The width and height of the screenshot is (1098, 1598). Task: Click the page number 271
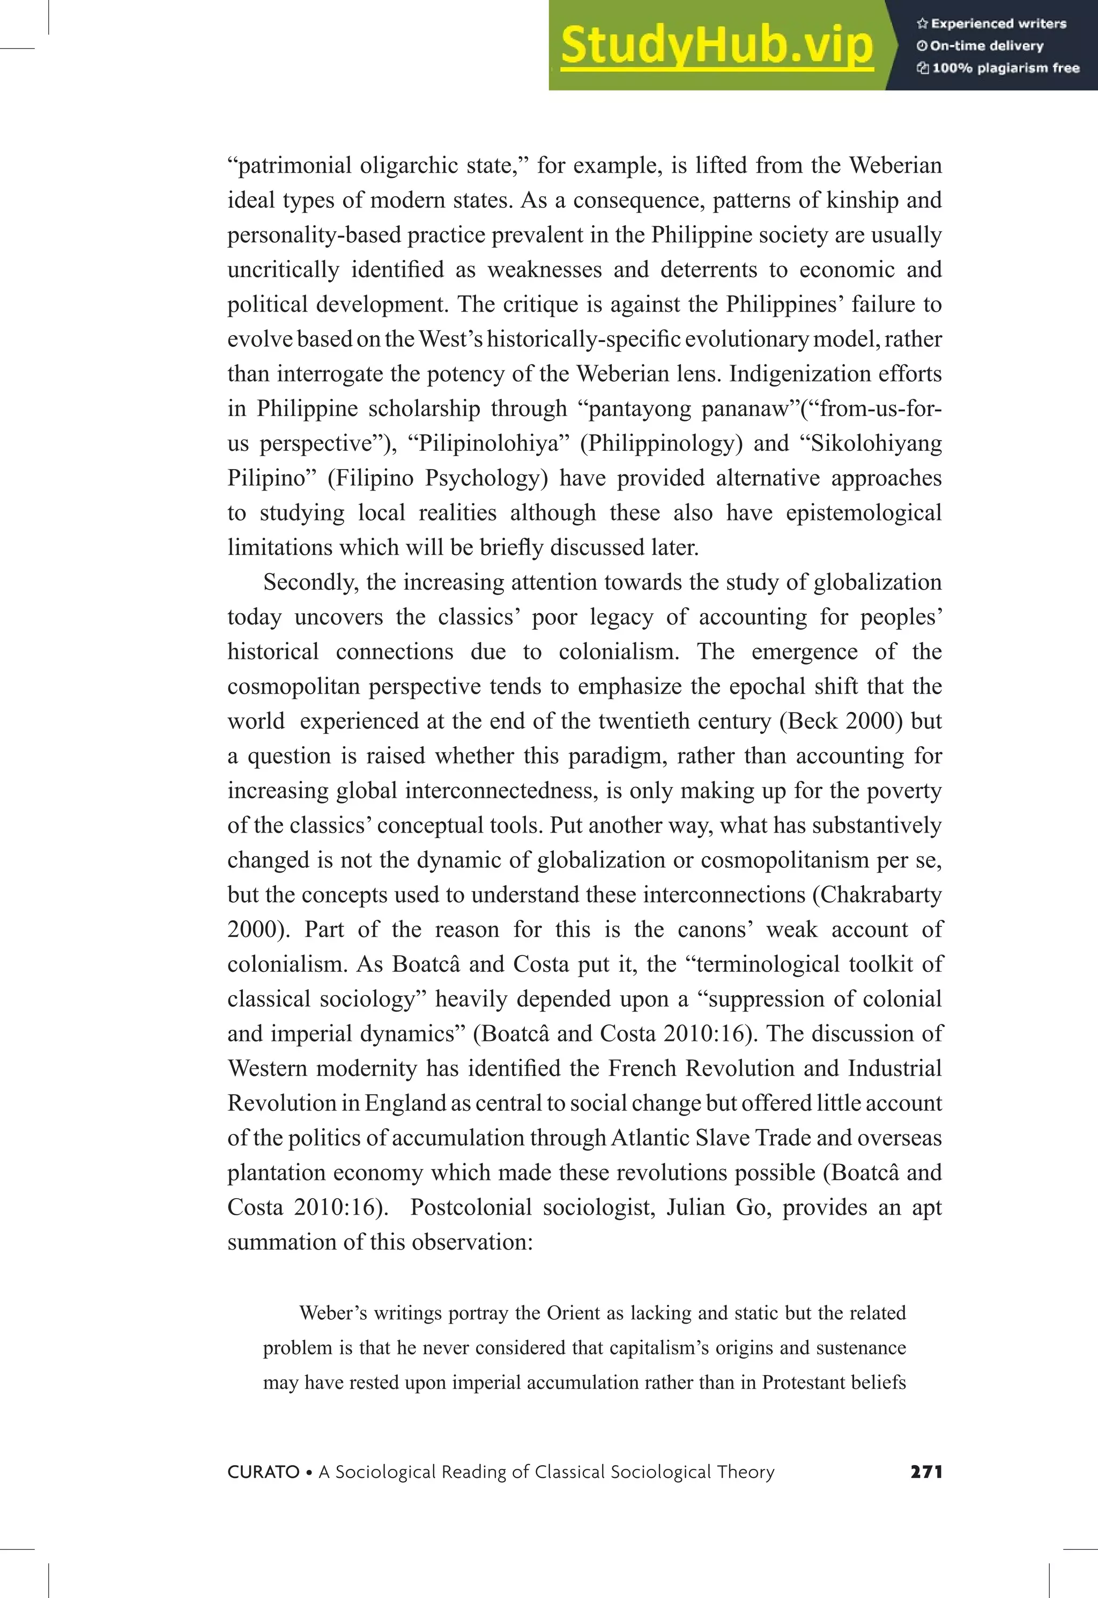click(x=926, y=1472)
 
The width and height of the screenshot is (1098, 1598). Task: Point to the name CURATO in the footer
click(x=263, y=1472)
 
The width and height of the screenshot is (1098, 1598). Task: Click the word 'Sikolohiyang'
click(x=877, y=444)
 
